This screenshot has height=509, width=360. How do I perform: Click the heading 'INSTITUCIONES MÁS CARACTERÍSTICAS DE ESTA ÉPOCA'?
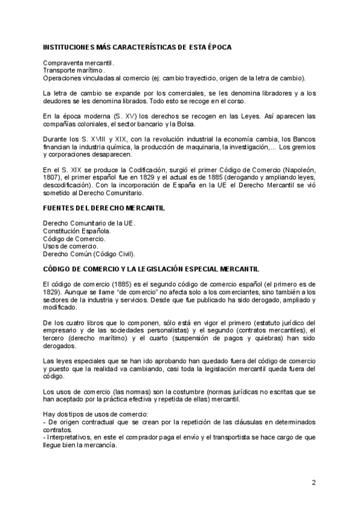click(x=137, y=47)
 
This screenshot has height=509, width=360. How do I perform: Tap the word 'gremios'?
click(x=304, y=147)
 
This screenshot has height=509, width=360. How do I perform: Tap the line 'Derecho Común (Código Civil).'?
click(x=89, y=254)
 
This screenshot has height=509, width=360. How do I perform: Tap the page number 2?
click(x=313, y=482)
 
